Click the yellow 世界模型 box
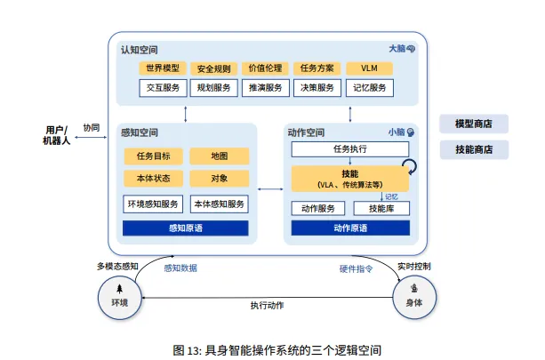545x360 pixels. pos(162,68)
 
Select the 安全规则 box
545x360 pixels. pos(213,68)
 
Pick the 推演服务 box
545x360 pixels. pos(265,88)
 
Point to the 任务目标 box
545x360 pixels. pos(153,156)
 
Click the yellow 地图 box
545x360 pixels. pos(220,156)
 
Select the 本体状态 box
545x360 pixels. pos(153,178)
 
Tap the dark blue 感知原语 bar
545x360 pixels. pos(186,228)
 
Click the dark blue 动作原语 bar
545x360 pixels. pos(350,228)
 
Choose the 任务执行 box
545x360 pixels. pos(350,148)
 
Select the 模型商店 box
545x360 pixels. pos(474,124)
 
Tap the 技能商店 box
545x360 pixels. pos(474,148)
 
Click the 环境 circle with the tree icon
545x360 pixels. pos(118,296)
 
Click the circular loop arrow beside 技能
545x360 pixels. pos(412,166)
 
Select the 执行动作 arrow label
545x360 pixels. pos(267,305)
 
